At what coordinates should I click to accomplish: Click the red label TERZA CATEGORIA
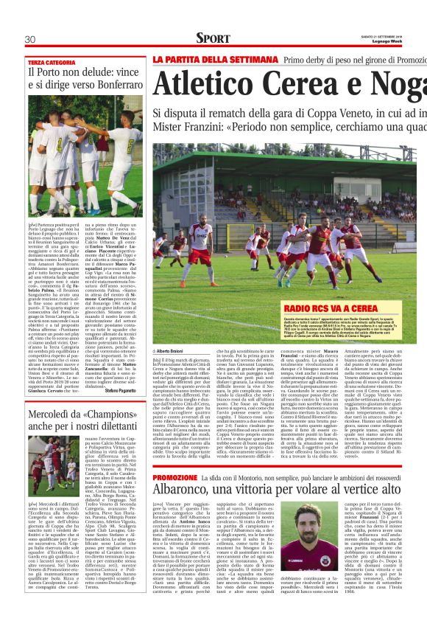click(x=52, y=63)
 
